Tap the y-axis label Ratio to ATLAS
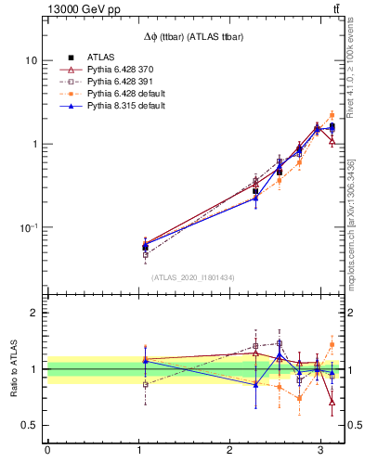13,369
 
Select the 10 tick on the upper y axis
31,60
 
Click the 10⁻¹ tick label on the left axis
28,227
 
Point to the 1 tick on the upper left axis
34,144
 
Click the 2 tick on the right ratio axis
354,313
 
